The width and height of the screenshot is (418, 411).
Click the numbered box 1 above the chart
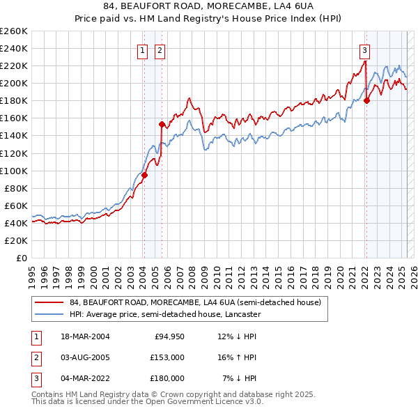pyautogui.click(x=142, y=49)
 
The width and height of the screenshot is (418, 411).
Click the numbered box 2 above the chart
pyautogui.click(x=160, y=49)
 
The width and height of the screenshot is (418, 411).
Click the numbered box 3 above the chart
pyautogui.click(x=364, y=49)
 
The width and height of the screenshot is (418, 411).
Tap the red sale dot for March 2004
pyautogui.click(x=144, y=175)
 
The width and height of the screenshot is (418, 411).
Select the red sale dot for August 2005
pyautogui.click(x=162, y=124)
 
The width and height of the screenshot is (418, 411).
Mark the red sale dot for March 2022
pyautogui.click(x=366, y=100)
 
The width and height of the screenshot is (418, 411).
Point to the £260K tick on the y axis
pyautogui.click(x=14, y=31)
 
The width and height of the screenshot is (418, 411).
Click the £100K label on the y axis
pyautogui.click(x=14, y=171)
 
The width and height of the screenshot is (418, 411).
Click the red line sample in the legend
pyautogui.click(x=49, y=303)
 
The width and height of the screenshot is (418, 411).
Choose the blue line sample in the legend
pyautogui.click(x=49, y=315)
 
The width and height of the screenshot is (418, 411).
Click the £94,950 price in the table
pyautogui.click(x=169, y=337)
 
